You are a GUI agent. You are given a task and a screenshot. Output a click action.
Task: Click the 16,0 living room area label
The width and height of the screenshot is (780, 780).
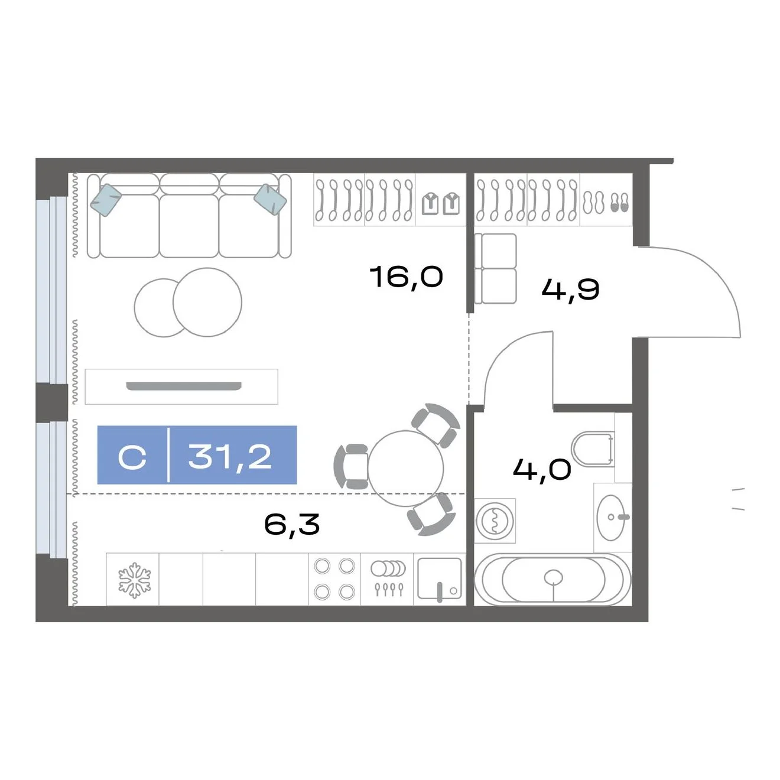407,278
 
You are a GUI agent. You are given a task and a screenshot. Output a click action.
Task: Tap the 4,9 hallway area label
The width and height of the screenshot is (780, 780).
570,290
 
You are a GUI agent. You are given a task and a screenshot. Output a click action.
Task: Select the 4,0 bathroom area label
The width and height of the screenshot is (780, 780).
542,470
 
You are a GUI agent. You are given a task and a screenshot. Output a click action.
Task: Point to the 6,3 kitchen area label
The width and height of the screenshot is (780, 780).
292,524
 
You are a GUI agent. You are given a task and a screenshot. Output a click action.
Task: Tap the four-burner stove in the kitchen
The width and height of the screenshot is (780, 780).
334,579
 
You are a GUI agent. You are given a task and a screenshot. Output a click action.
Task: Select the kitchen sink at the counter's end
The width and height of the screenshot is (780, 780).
439,579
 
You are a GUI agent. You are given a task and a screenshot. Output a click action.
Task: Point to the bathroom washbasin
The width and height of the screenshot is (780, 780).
612,518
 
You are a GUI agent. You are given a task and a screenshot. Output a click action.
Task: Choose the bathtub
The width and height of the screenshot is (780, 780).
553,580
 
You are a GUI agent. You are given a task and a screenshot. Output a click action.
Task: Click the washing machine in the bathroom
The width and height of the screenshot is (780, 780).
495,521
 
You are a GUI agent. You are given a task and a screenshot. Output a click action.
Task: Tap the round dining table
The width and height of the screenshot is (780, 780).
405,468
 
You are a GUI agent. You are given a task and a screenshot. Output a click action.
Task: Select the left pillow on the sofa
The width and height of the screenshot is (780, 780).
106,200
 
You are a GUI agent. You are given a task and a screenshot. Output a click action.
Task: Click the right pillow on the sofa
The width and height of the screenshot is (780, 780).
270,200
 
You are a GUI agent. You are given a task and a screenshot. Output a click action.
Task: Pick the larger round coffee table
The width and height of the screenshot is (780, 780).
207,302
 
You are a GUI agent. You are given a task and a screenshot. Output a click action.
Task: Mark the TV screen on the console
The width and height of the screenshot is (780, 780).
184,386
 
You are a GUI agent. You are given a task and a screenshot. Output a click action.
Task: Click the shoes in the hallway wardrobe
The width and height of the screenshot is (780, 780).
606,202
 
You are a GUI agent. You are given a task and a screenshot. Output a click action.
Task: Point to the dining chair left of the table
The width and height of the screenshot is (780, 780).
350,466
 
